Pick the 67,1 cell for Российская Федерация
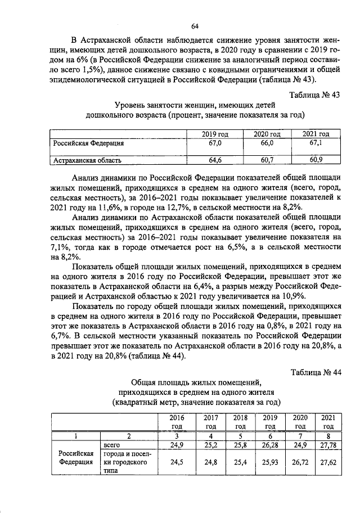point(315,143)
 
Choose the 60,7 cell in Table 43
point(265,160)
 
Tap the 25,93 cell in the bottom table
point(270,462)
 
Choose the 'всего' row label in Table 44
point(113,445)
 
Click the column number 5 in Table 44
point(240,436)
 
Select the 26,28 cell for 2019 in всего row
point(270,445)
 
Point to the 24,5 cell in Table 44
point(179,462)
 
